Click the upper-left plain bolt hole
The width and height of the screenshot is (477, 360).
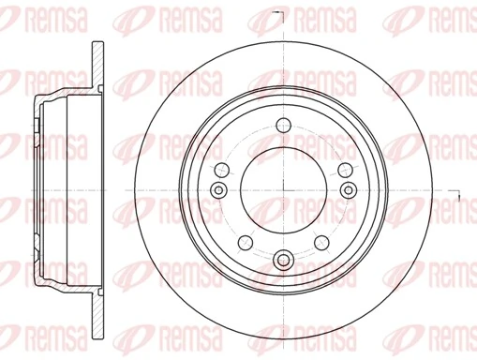pyautogui.click(x=224, y=169)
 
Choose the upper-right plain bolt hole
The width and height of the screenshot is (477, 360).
pyautogui.click(x=344, y=169)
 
